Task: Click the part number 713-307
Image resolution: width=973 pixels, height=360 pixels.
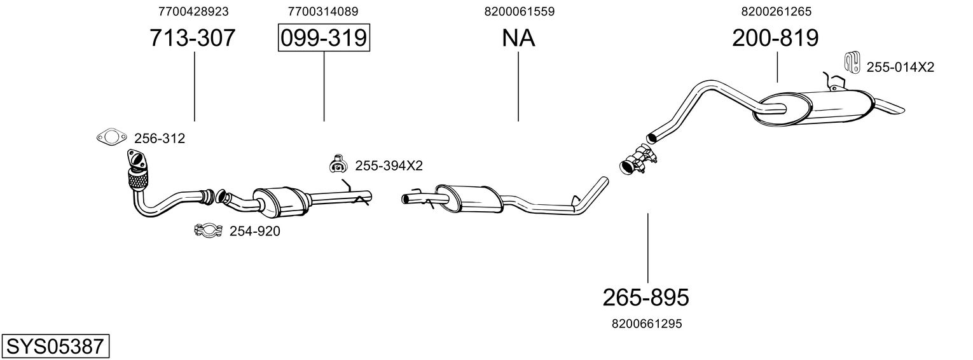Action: pos(192,38)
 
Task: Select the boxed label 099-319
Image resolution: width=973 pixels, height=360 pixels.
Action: pos(324,38)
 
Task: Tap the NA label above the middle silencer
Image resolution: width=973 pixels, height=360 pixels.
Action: pos(518,38)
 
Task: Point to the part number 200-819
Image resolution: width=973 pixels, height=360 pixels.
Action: pos(775,38)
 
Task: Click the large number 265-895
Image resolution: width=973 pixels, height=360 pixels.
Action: pos(646,297)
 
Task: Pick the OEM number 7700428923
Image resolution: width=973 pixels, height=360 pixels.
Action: pos(193,11)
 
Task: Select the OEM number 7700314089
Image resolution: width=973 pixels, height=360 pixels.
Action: pos(323,11)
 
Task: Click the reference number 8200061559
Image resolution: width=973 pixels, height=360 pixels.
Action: pos(519,11)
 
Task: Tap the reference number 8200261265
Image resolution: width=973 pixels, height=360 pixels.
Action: pos(776,11)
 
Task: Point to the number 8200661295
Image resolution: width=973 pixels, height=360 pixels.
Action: pos(647,324)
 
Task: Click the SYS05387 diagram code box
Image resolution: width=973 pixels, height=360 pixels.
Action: pos(55,347)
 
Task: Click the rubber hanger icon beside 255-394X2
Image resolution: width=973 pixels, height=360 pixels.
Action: pos(337,164)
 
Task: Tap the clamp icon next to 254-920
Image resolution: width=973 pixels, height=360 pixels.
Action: pos(207,231)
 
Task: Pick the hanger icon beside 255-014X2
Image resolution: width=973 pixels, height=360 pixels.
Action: pos(851,60)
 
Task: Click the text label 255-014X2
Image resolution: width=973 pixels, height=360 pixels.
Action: pos(900,67)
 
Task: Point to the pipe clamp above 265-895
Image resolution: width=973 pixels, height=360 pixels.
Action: pos(638,160)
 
